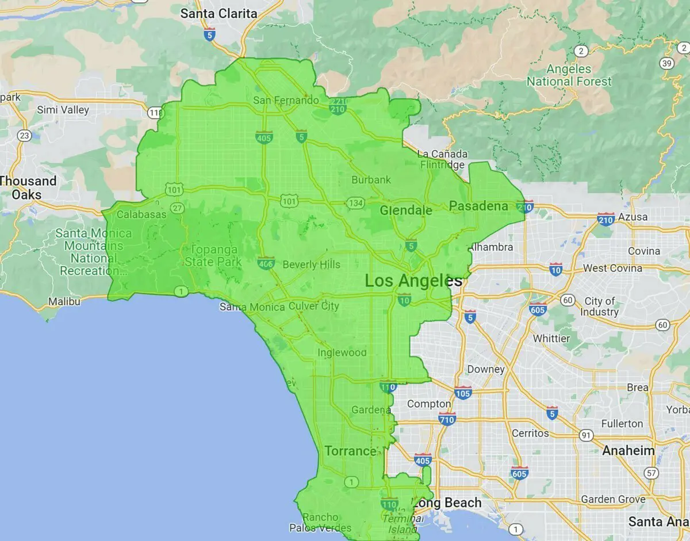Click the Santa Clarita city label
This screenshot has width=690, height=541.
218,13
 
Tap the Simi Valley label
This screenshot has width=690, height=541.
63,109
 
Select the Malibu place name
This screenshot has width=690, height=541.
64,301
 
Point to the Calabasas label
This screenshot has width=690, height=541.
141,214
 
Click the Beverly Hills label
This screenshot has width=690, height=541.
312,264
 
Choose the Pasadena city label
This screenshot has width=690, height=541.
478,206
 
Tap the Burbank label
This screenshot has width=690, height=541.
371,179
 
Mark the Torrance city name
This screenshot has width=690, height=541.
350,451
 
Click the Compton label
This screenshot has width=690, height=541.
429,404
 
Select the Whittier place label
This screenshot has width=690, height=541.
551,338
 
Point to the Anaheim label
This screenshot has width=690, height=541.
628,450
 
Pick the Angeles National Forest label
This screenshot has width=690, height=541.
569,75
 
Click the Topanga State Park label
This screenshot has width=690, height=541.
213,256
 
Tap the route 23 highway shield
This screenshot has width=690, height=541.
24,136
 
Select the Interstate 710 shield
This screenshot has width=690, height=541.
447,419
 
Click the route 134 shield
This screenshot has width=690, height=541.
355,203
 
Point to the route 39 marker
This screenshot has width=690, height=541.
667,63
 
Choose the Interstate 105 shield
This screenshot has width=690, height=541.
463,393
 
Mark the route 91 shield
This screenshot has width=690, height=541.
586,435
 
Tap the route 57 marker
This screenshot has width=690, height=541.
651,473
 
